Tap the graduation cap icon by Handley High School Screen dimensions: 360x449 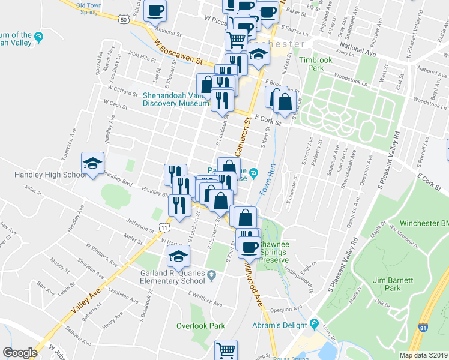pos(93,164)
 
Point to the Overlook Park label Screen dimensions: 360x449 pos(200,326)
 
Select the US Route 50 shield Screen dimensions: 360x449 pos(124,19)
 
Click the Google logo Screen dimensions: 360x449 pos(20,353)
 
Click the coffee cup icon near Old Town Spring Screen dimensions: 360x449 pos(155,11)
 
